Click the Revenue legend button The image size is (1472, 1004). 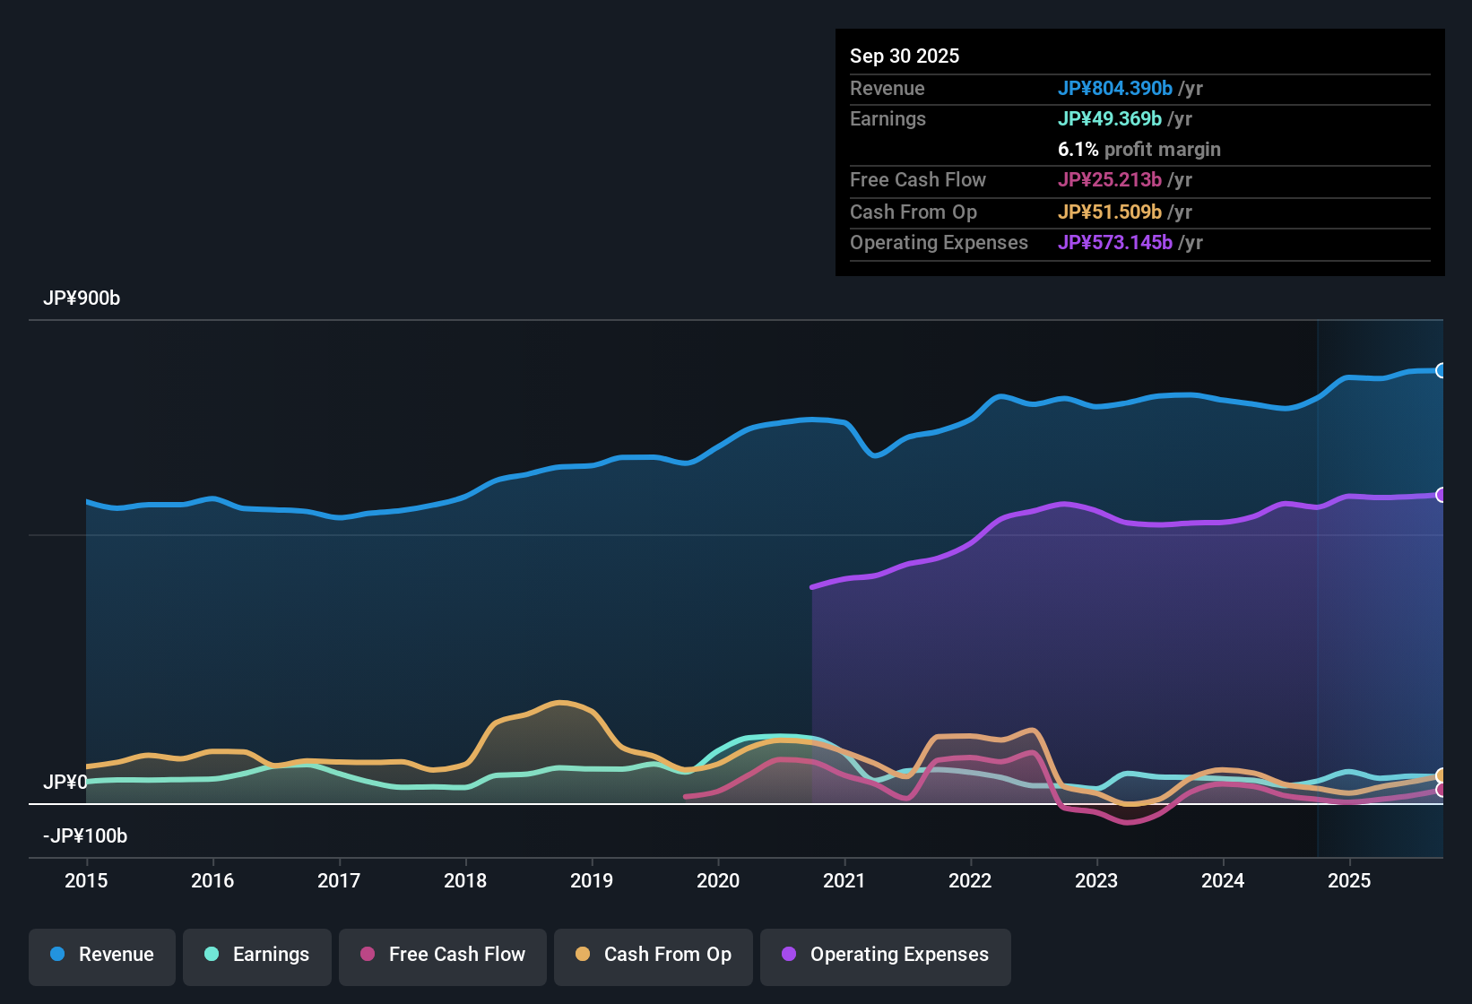tap(102, 955)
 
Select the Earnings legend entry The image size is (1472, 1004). tap(257, 955)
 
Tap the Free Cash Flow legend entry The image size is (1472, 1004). tap(443, 955)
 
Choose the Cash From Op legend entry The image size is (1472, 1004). tap(654, 955)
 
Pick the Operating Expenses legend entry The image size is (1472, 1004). tap(886, 955)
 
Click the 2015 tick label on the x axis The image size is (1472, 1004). tap(86, 880)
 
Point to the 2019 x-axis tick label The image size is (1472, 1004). tap(592, 880)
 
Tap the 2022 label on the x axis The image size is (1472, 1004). tap(970, 880)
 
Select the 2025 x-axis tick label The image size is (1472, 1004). tap(1349, 880)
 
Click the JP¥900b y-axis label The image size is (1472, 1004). tap(82, 299)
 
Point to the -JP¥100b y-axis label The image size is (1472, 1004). tap(85, 836)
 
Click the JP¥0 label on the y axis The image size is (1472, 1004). tap(65, 782)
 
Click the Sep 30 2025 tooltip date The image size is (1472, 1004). tap(905, 56)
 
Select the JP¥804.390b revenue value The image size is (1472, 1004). tap(1114, 88)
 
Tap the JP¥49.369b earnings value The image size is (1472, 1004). tap(1109, 118)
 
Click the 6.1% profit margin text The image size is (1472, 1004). tap(1139, 149)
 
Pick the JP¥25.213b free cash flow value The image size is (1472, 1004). tap(1109, 179)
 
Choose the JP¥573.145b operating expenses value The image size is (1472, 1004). tap(1114, 242)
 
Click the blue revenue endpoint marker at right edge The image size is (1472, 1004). tap(1441, 370)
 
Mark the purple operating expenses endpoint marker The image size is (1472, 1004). tap(1441, 495)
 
